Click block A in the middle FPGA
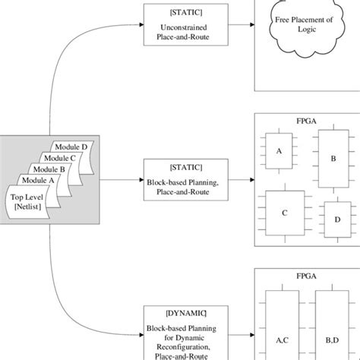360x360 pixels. point(279,152)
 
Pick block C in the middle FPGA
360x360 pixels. point(284,213)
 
